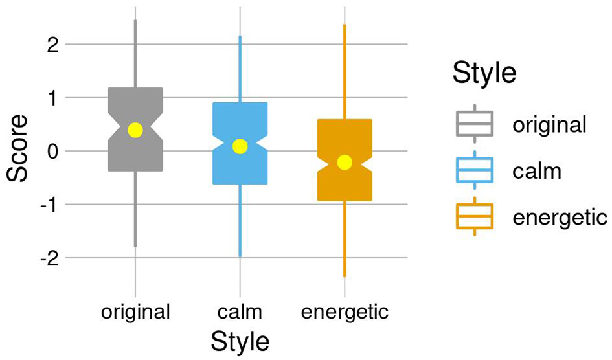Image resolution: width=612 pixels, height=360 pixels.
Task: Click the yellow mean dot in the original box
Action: (x=135, y=130)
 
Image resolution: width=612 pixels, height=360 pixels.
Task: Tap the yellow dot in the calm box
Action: (x=240, y=146)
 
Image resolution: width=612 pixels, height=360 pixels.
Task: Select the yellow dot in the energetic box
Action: (x=345, y=162)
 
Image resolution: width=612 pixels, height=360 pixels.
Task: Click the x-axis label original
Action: (x=135, y=312)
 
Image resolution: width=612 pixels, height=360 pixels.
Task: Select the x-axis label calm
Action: (x=240, y=312)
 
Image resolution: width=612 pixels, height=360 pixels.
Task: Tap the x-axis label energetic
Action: (x=345, y=312)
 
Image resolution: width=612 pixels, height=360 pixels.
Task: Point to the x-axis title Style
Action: (x=240, y=341)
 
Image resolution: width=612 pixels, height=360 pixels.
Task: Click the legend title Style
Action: (x=484, y=73)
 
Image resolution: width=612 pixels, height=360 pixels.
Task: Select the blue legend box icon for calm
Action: (x=475, y=169)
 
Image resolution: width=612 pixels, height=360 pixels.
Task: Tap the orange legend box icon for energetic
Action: (x=475, y=216)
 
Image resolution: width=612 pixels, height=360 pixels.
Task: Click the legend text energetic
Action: (x=560, y=216)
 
